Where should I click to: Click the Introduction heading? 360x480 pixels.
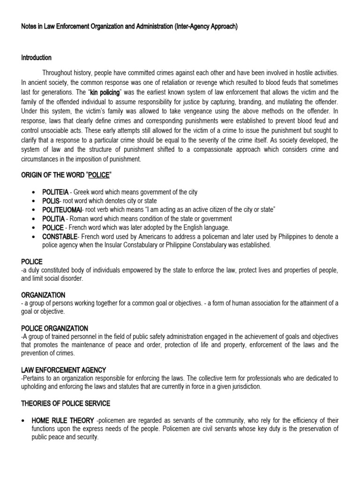(x=36, y=58)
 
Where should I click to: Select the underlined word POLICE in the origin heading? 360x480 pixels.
(x=99, y=175)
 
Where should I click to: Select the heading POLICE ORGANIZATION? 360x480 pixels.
(x=54, y=329)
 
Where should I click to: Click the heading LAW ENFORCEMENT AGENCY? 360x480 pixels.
(x=64, y=370)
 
